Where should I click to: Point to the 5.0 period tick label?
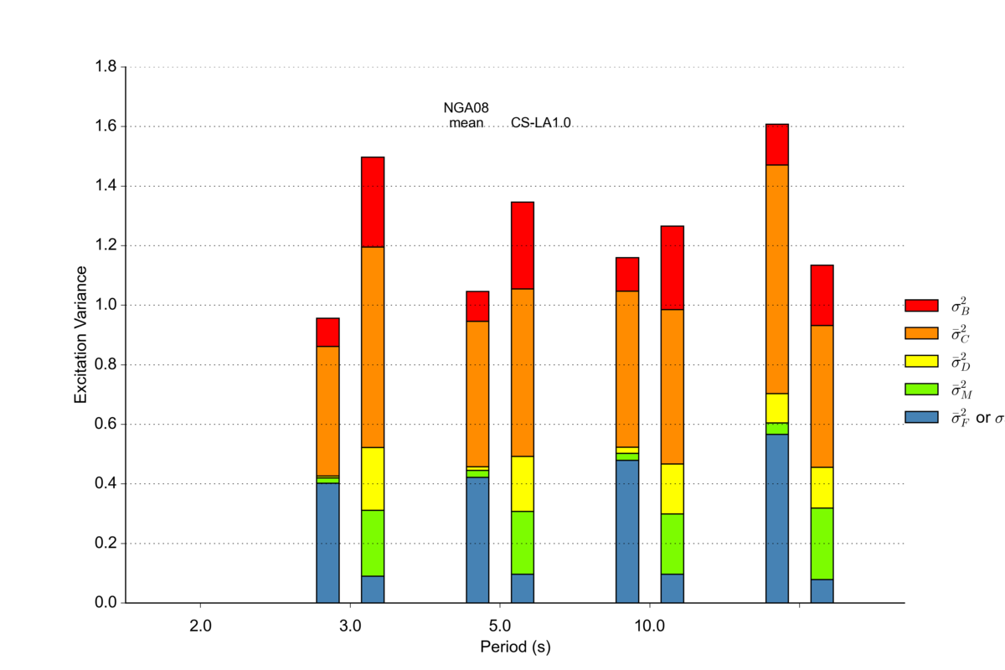click(500, 626)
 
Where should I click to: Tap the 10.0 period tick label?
click(650, 626)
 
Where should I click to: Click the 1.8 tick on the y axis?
click(106, 67)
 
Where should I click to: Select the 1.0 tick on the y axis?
click(106, 305)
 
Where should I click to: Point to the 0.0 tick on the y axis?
click(106, 603)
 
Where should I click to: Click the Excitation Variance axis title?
click(81, 335)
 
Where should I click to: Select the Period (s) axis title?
click(515, 647)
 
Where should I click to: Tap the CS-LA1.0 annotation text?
click(541, 123)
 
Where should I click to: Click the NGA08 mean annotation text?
click(466, 115)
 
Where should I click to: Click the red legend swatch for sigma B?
click(921, 305)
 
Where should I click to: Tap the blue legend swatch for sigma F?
click(921, 416)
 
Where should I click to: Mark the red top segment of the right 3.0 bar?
click(373, 202)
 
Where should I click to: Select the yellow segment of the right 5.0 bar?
click(523, 483)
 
